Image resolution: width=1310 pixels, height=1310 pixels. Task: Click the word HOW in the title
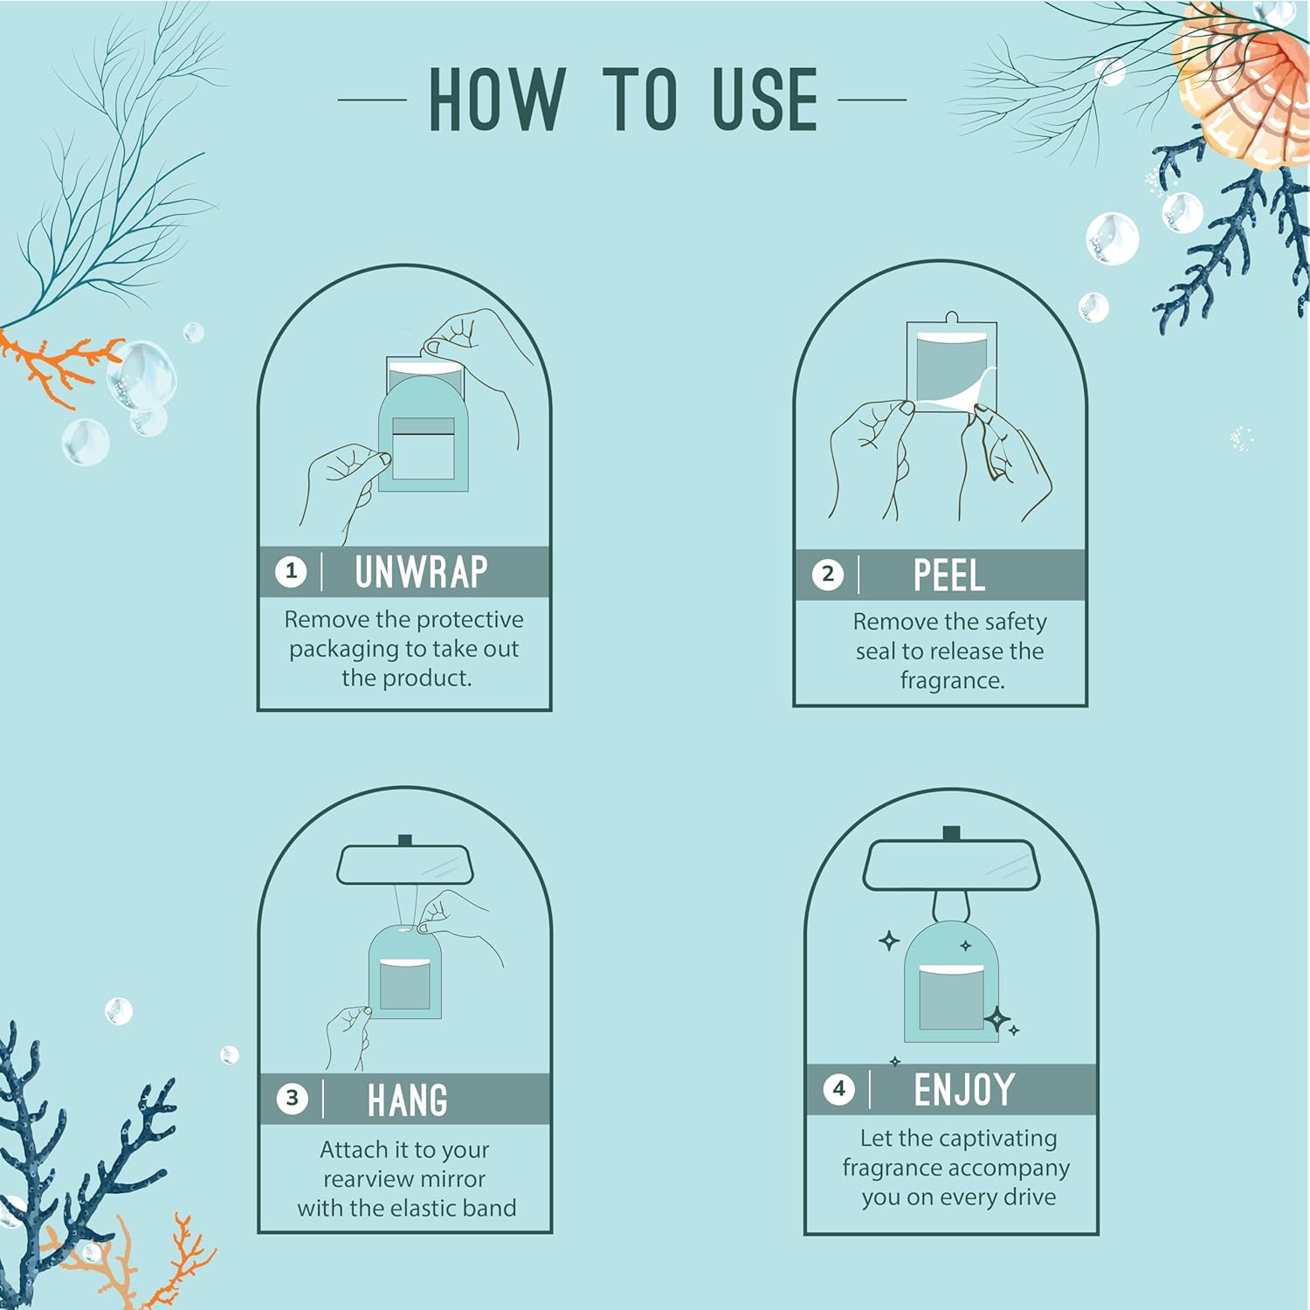(496, 100)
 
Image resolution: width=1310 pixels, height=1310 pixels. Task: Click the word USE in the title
(765, 100)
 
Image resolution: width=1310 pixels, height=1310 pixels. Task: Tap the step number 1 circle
(291, 572)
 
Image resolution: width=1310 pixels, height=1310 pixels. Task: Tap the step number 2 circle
(827, 575)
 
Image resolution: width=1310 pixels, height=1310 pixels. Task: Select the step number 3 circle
(292, 1099)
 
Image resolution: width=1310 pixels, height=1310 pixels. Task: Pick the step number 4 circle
(838, 1089)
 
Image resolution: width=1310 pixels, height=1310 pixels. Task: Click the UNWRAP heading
(421, 573)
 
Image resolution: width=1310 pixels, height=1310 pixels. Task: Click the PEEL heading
(948, 576)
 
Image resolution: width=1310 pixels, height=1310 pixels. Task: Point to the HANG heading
(407, 1100)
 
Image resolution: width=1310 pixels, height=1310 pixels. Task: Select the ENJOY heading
(964, 1090)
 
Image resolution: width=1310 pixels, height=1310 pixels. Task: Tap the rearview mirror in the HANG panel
(404, 864)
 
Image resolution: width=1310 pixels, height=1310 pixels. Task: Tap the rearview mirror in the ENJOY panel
(951, 865)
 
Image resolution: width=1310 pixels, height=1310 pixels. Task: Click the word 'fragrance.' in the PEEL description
(952, 680)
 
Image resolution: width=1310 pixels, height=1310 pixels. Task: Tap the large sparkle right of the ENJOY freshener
(996, 1019)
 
